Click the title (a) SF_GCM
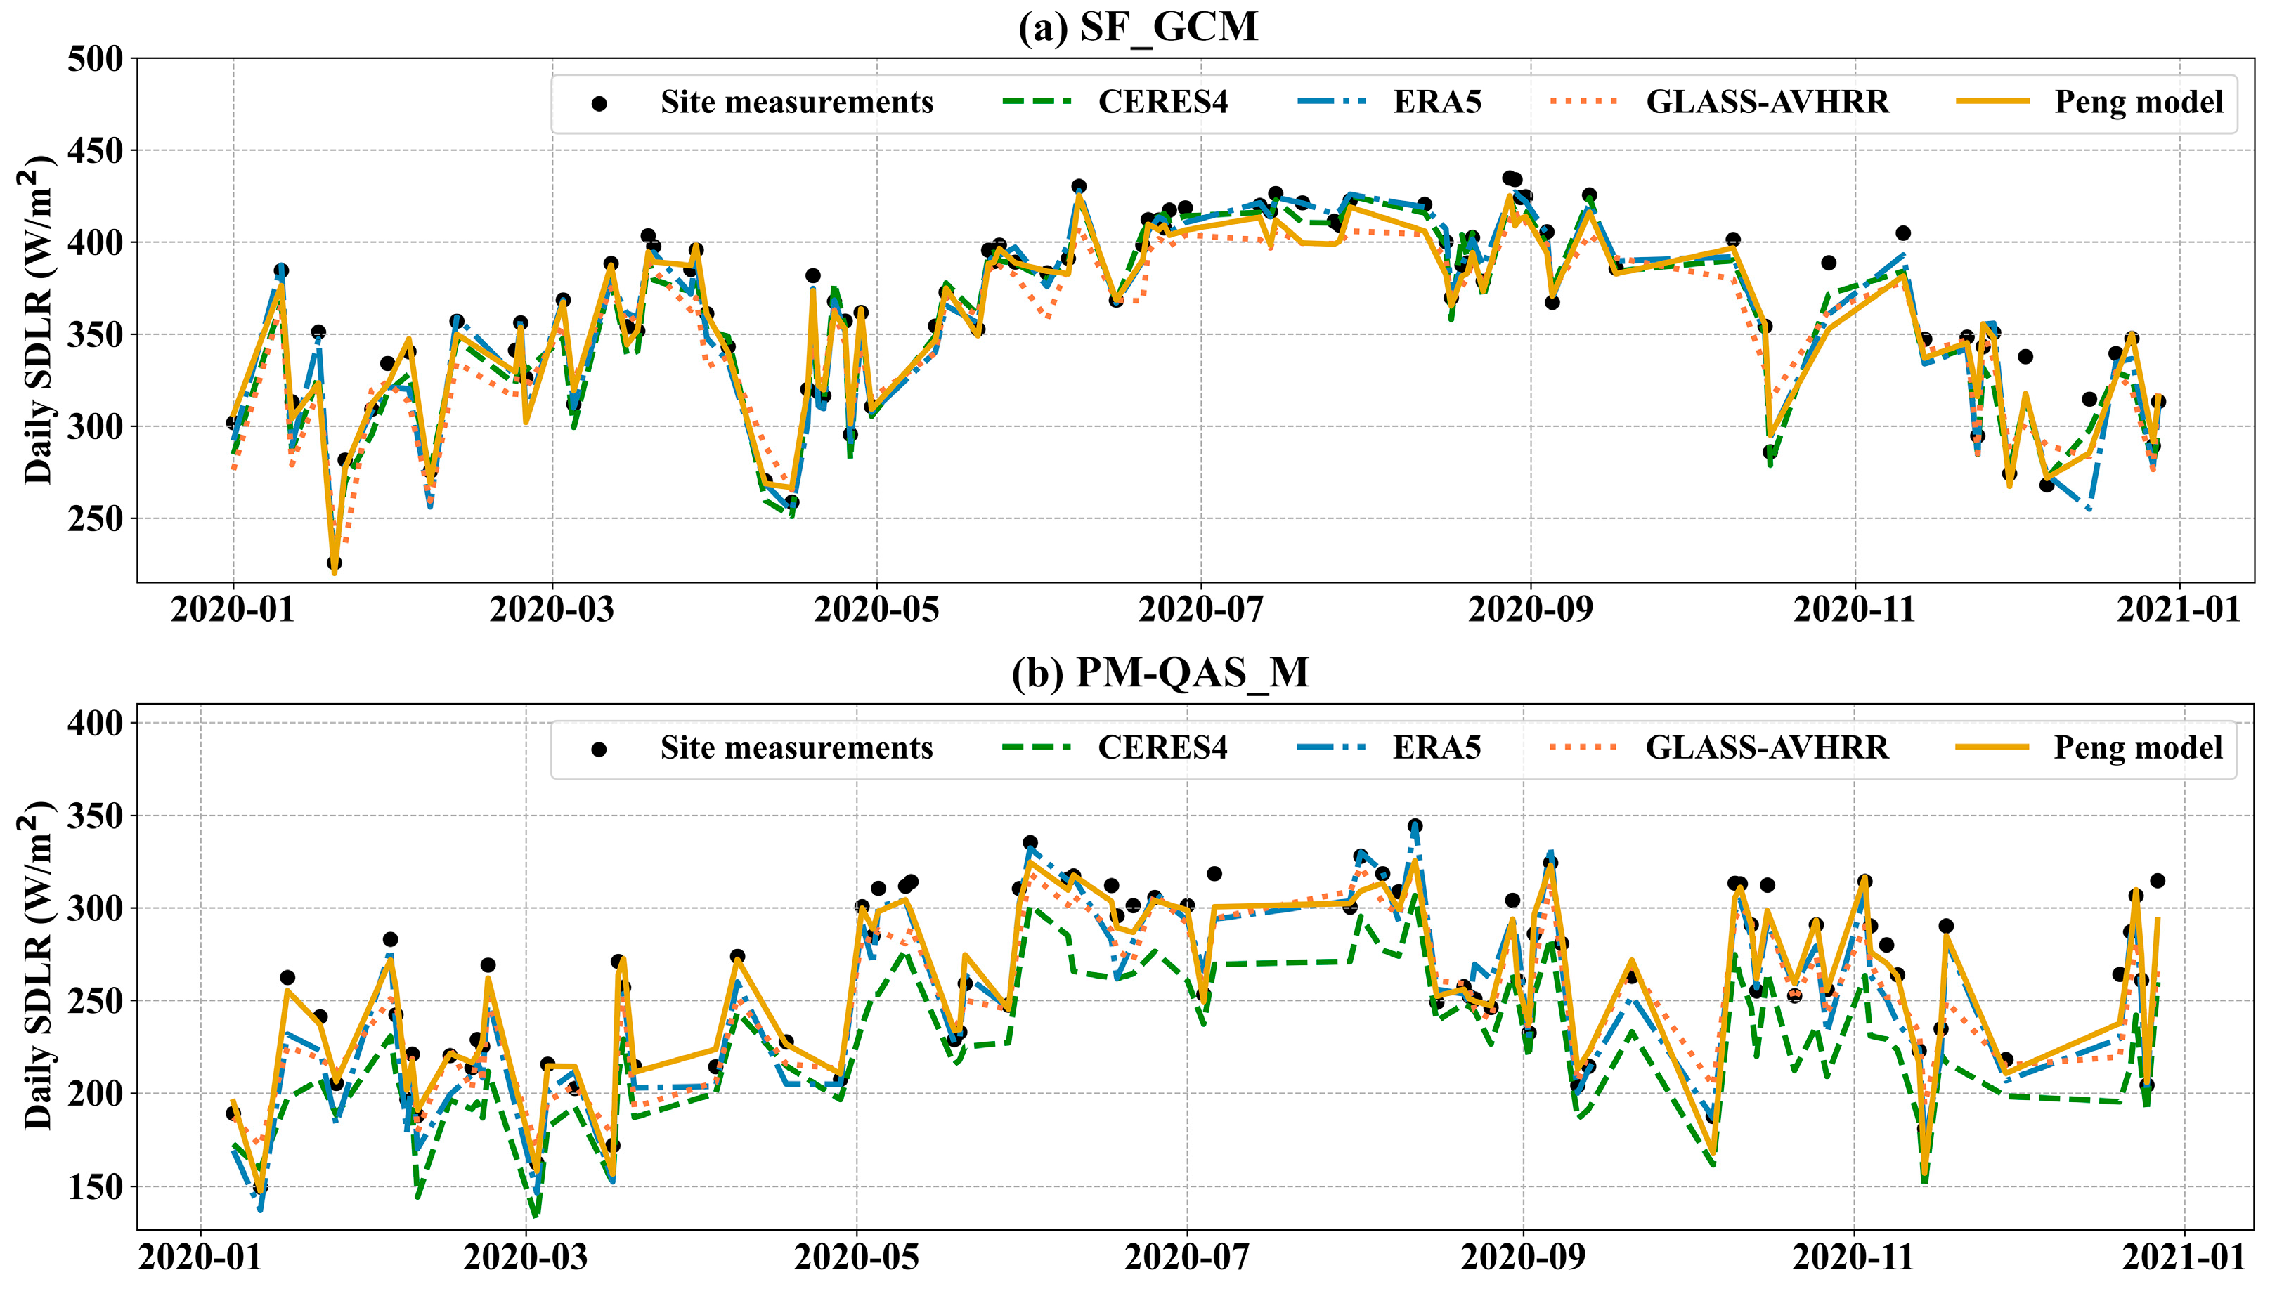1137,27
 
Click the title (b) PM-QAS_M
1160,673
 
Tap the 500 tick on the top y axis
95,59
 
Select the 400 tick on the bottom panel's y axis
95,724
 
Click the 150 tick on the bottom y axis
95,1187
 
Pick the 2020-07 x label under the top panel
1201,610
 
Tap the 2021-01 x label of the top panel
2178,610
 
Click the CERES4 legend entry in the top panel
1162,103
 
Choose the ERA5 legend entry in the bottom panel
1436,748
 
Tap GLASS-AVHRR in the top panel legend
1767,103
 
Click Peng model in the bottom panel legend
2137,748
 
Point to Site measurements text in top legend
796,103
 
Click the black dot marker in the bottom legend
599,750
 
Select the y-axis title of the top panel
37,320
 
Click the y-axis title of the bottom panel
37,966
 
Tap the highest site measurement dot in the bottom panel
1415,826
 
